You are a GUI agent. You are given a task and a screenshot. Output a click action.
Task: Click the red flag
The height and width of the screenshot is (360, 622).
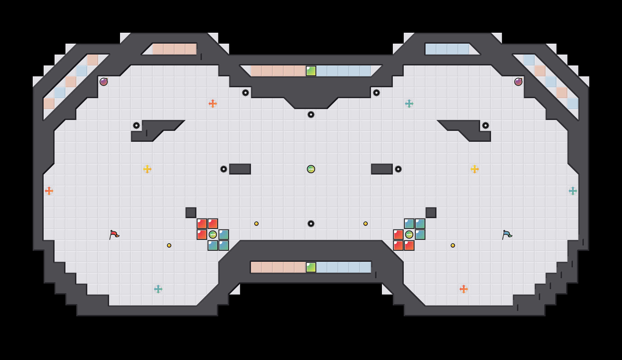point(114,235)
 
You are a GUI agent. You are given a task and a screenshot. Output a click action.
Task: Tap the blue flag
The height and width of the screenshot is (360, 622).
point(507,235)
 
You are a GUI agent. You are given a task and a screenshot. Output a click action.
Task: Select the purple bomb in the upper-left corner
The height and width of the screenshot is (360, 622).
point(104,82)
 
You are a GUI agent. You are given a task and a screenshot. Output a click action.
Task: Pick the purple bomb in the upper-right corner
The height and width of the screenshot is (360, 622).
point(518,82)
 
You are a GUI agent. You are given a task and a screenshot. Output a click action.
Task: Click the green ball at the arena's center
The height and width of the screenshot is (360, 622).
point(311,169)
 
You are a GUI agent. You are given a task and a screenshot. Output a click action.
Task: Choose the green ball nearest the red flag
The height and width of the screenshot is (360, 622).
point(213,235)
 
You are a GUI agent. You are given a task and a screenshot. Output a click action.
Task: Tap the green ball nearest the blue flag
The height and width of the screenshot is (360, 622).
point(409,235)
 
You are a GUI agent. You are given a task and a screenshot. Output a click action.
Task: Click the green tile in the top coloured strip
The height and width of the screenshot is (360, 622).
point(311,71)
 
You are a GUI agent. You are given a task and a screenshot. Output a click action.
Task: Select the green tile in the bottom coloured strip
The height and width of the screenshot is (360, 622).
point(311,267)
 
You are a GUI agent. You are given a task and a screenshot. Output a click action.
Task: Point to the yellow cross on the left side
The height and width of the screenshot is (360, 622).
point(147,169)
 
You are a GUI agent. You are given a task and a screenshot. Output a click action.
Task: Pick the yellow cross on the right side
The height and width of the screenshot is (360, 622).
point(475,169)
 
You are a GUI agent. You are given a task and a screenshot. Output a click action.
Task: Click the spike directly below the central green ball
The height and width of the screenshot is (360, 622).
point(311,224)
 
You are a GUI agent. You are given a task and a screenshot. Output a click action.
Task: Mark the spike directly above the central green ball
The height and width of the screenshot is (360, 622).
point(311,115)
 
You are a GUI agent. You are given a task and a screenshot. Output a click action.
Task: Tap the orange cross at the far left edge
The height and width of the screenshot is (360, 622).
point(49,191)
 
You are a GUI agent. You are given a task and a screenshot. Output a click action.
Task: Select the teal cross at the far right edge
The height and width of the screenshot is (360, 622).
point(573,191)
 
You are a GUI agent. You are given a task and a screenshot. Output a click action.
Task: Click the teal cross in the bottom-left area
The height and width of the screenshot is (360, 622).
point(158,289)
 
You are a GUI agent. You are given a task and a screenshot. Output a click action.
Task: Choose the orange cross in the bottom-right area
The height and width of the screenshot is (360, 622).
point(464,289)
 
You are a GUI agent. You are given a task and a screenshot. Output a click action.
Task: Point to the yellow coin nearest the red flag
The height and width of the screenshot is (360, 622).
point(169,245)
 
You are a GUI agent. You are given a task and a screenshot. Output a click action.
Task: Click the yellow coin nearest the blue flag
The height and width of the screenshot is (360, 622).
point(453,245)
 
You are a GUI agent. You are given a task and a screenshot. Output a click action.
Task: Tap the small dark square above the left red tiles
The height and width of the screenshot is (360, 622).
point(191,213)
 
